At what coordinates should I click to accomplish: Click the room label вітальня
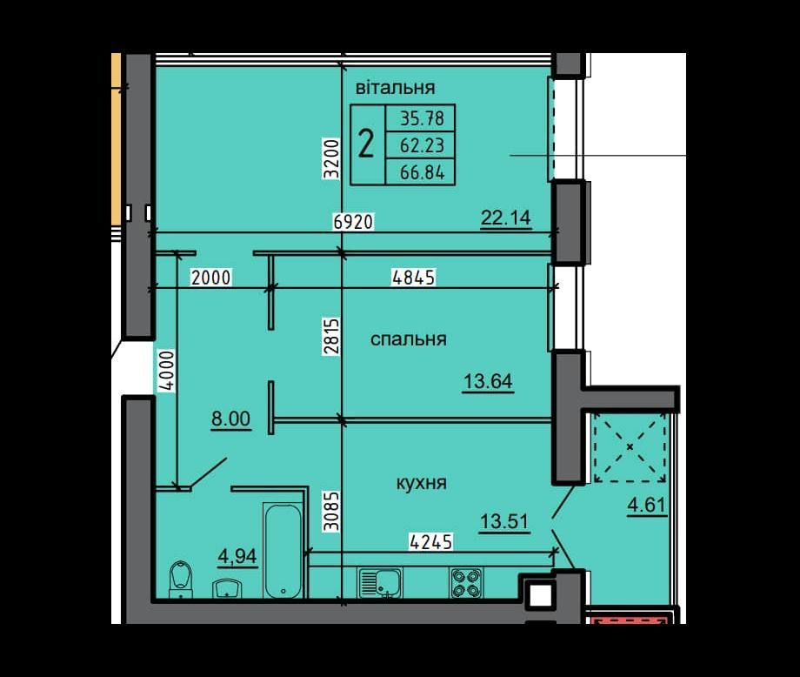tap(396, 88)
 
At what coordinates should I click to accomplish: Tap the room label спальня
tap(408, 339)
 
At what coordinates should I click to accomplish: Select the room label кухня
tap(422, 483)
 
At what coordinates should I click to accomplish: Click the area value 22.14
tap(506, 218)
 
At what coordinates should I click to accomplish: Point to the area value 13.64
tap(488, 381)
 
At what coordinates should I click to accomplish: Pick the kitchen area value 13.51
tap(504, 522)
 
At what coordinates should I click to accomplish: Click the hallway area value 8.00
tap(231, 419)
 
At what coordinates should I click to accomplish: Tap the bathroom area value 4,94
tap(237, 557)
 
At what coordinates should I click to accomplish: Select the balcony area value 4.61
tap(647, 505)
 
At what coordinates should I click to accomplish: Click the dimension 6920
tap(353, 222)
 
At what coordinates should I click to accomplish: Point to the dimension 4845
tap(414, 278)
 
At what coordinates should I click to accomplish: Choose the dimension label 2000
tap(210, 278)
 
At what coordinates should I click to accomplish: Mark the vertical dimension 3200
tap(331, 158)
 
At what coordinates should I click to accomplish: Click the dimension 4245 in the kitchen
tap(431, 542)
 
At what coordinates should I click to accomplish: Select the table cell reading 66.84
tap(422, 172)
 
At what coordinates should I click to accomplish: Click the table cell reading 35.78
tap(422, 118)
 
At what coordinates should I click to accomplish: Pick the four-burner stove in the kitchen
tap(466, 582)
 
